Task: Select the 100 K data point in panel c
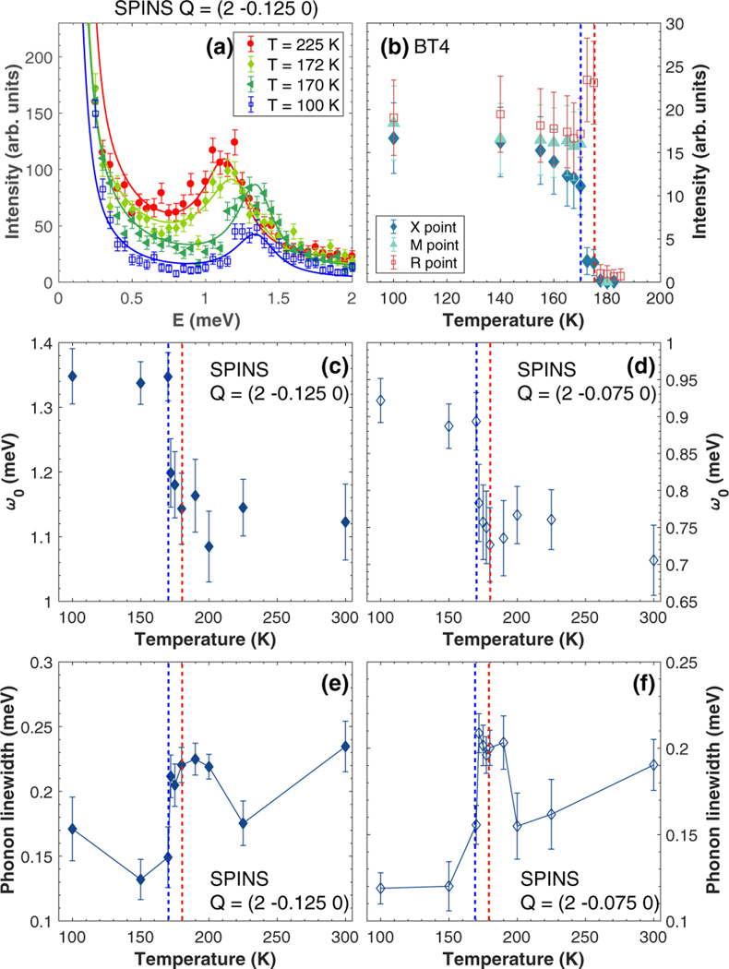72,376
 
